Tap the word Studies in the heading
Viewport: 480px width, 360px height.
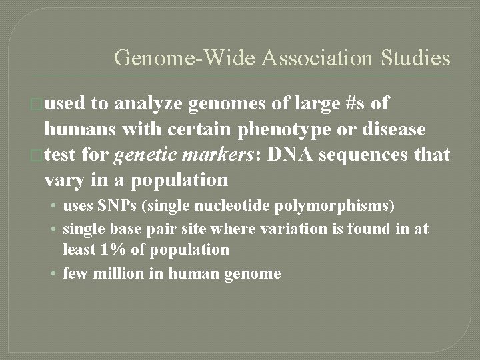(x=415, y=58)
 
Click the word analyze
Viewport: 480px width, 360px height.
(x=149, y=104)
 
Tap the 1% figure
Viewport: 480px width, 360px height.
(x=107, y=250)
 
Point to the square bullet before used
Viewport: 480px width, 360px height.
(x=39, y=105)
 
